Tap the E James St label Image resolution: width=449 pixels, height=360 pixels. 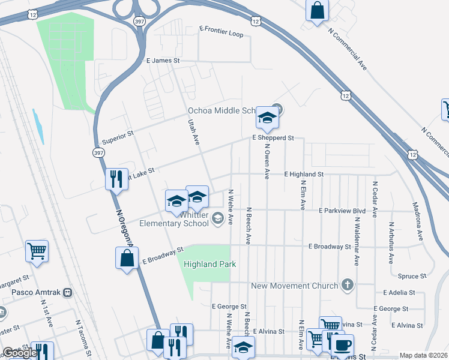163,61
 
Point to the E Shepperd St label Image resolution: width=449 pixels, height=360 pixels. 273,138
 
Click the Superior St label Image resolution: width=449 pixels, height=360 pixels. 117,137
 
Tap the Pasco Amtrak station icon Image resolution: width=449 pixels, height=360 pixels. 68,292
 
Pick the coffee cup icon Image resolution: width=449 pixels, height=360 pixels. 342,346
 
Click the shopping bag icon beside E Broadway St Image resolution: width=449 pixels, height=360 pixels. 127,259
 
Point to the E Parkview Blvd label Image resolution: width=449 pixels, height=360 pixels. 342,211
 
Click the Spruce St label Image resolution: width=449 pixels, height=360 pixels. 412,276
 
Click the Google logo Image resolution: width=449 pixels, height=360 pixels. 20,352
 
